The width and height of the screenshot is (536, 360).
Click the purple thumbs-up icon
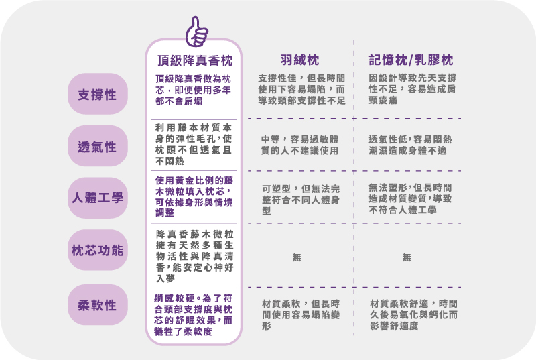pos(196,32)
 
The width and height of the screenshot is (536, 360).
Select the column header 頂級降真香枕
pos(195,60)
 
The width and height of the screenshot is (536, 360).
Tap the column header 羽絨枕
pos(299,60)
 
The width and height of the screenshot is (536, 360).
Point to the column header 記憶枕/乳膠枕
pos(411,60)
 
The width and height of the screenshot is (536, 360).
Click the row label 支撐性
pos(97,94)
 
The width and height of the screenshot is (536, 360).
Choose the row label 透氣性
pos(97,146)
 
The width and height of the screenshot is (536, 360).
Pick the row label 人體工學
pos(97,198)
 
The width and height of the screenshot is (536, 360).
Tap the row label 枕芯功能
pos(97,250)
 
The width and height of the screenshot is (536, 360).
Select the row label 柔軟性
pos(97,305)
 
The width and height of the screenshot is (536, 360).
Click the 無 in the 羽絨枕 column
pos(297,257)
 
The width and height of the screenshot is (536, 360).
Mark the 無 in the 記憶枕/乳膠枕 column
pos(407,257)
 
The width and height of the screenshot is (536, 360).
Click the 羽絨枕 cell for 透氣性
pos(299,145)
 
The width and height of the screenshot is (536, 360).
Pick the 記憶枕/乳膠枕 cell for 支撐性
pos(412,89)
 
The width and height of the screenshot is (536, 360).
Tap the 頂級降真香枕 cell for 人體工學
pos(194,196)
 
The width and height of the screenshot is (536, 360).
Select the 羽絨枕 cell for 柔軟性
pos(301,314)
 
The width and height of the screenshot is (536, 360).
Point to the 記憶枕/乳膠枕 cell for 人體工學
pos(410,198)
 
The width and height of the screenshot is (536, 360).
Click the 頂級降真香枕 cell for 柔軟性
pos(194,315)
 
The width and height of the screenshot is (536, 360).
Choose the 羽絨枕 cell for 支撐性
pos(302,89)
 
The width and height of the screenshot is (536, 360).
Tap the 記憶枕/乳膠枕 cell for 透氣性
pos(410,145)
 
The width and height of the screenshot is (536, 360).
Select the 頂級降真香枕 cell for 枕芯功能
pos(195,256)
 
